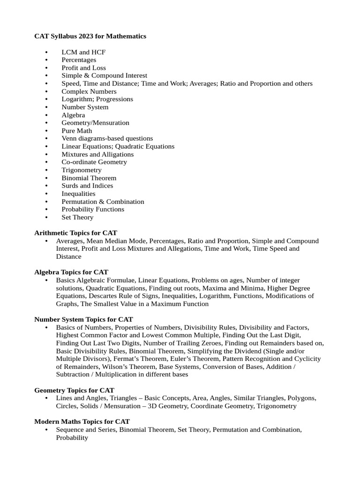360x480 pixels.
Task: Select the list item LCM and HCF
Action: (83, 52)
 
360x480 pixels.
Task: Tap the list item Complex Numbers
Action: (89, 91)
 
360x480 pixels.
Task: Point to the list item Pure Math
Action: (76, 131)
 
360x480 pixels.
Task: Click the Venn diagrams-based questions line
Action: (107, 138)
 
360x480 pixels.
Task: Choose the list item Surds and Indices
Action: (87, 186)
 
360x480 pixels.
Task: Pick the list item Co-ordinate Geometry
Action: (94, 162)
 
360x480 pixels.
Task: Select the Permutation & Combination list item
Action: (103, 202)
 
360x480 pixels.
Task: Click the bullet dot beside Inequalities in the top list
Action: (46, 194)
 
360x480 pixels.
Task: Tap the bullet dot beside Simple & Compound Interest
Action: (46, 75)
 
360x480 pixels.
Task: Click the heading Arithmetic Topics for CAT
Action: (75, 232)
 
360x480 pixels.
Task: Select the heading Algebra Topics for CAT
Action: (71, 272)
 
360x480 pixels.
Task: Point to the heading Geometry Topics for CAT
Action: (74, 390)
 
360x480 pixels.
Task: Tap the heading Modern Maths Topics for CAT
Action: (82, 421)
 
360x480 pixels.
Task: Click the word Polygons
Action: (302, 398)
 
